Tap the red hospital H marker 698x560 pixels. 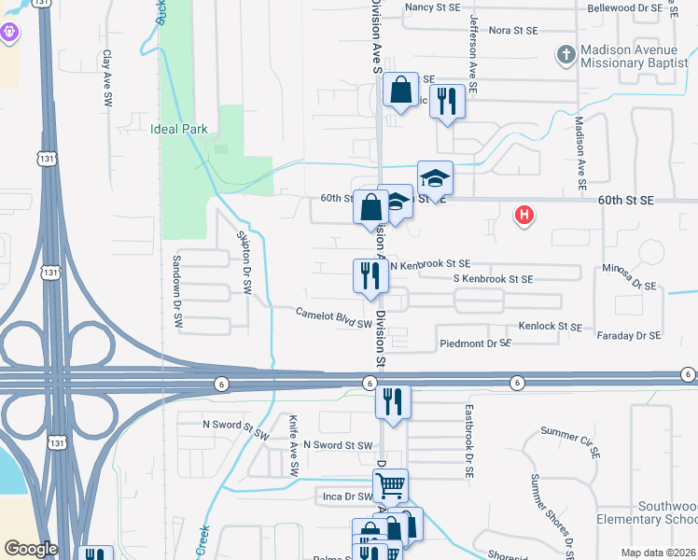(525, 216)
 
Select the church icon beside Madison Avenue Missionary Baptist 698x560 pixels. (565, 56)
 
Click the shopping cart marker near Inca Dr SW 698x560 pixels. (390, 484)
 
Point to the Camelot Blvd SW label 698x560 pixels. (334, 318)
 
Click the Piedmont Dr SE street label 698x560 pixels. (475, 343)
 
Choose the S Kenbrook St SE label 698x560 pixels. (493, 279)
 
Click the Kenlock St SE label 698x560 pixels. (550, 327)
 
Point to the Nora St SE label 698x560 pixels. (513, 30)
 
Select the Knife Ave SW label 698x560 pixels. (293, 446)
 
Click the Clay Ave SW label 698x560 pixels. (108, 77)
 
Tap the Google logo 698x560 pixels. (30, 549)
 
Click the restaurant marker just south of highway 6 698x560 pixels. (393, 402)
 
